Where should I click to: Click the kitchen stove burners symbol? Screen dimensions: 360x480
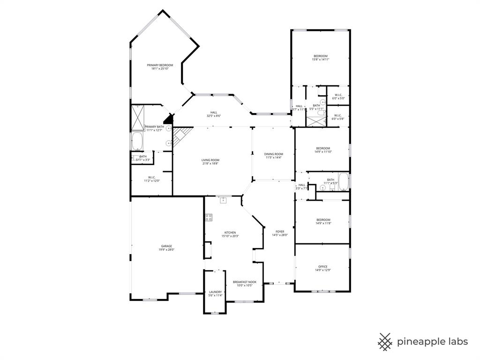click(209, 217)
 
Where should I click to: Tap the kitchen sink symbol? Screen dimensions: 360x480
click(224, 200)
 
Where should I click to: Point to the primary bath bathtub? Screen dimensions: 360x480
click(137, 140)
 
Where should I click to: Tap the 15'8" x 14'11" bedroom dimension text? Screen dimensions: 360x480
click(321, 60)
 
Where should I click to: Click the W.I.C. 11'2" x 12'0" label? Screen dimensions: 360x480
click(151, 179)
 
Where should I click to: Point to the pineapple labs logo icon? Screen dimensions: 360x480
click(385, 342)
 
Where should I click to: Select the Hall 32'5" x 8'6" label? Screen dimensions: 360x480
click(213, 114)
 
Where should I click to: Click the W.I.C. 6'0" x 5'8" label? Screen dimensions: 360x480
click(338, 117)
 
